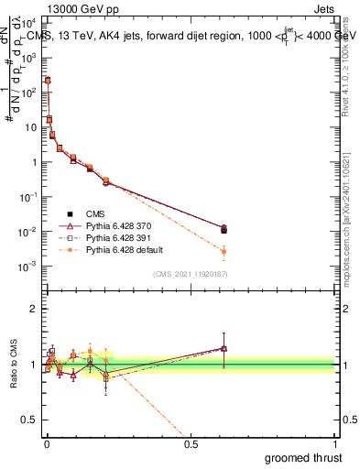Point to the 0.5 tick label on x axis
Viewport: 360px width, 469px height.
191,444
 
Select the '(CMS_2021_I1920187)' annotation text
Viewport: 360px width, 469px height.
191,273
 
